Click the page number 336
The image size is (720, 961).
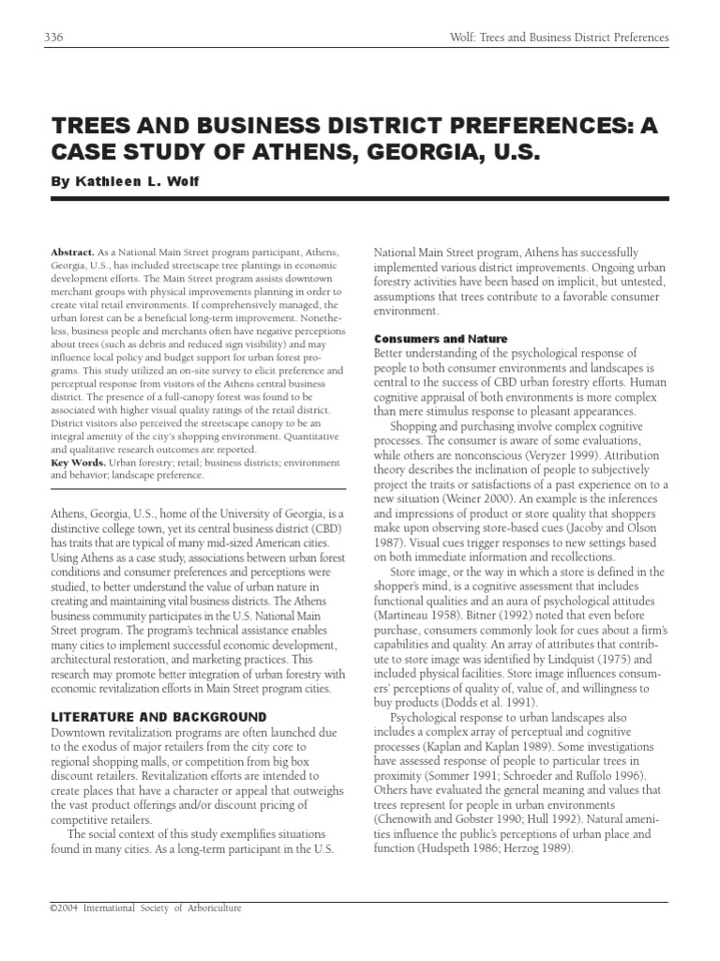(52, 38)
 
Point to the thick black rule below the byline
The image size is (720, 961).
(360, 198)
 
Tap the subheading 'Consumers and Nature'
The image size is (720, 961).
(441, 338)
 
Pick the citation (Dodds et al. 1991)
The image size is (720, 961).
(496, 702)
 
